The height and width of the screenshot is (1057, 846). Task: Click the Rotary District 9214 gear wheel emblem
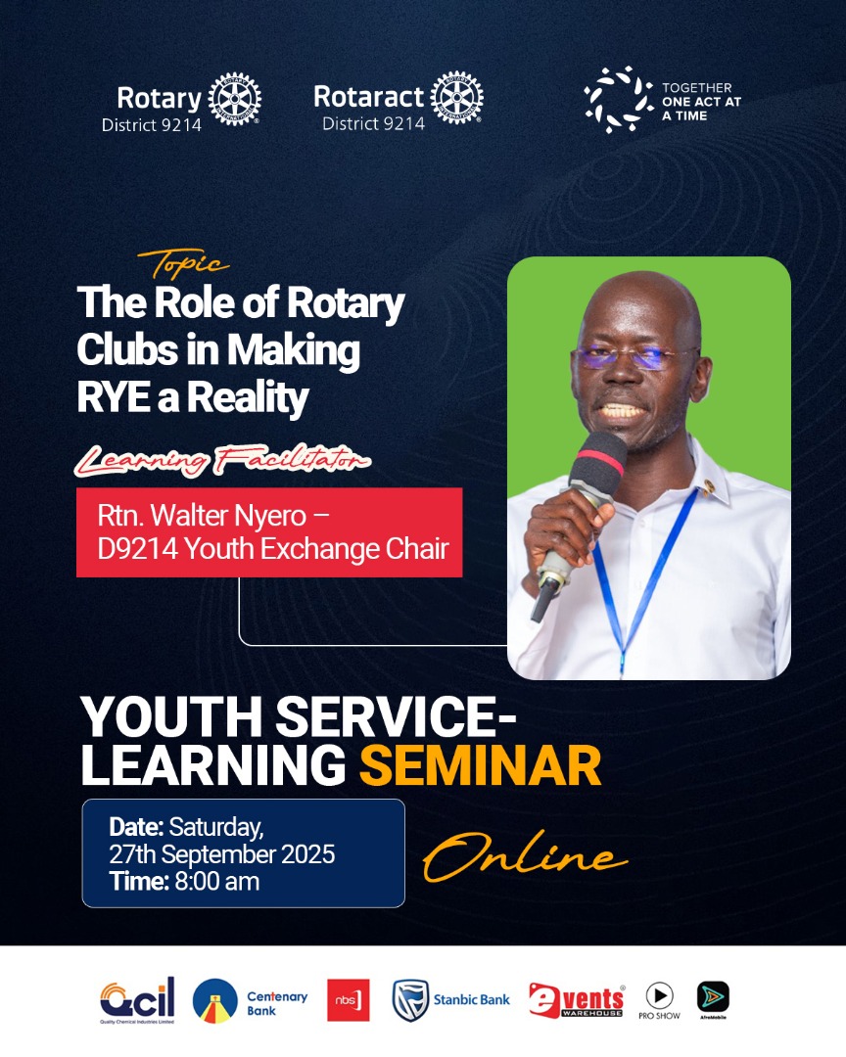coord(235,99)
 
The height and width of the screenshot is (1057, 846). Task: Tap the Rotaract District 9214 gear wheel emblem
coord(456,98)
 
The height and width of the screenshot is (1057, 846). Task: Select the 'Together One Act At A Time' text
coord(696,102)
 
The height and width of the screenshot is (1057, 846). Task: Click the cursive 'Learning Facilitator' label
coord(223,458)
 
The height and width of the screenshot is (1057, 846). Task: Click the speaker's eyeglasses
coord(634,357)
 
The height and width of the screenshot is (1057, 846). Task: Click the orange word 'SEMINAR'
coord(480,766)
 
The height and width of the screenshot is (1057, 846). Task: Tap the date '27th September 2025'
coord(222,853)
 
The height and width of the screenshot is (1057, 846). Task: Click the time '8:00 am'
coord(216,881)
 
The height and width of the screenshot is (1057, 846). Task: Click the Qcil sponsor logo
coord(137,999)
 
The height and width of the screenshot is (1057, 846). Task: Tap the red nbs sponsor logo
coord(348,1000)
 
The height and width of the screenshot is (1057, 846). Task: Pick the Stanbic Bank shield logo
coord(411,1000)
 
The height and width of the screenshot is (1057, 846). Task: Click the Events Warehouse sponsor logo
coord(576,1000)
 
